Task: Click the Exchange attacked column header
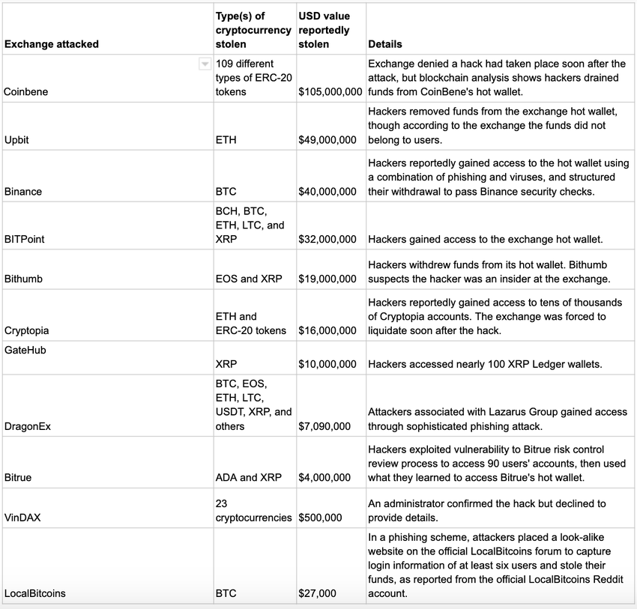52,44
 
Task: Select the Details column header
384,44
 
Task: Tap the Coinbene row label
26,91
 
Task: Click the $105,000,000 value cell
330,91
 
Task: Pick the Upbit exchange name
16,140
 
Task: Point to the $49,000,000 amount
327,140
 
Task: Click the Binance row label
23,192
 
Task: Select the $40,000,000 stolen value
327,192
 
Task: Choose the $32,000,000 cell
327,240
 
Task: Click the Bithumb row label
24,279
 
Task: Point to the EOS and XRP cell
249,279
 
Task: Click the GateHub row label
25,350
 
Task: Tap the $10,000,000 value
327,364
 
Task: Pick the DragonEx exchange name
28,426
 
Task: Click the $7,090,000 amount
324,426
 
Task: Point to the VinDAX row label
22,517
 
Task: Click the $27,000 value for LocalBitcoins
317,593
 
